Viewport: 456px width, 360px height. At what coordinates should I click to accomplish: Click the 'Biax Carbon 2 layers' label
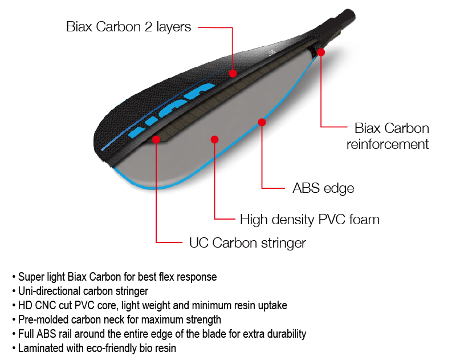pos(128,27)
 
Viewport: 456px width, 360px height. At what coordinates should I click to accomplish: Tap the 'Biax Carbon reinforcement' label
pos(388,136)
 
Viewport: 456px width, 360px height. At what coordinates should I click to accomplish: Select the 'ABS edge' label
pos(323,188)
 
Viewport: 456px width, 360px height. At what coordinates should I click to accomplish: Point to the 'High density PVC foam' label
pos(310,219)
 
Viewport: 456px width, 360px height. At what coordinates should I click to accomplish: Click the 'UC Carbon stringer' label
pos(247,242)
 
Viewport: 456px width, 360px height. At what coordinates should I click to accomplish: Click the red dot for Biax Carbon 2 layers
pos(233,73)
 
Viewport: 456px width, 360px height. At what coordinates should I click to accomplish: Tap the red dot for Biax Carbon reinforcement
pos(321,52)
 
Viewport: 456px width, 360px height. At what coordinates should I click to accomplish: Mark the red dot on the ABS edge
pos(262,122)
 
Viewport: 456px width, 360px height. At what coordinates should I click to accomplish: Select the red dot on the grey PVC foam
pos(214,139)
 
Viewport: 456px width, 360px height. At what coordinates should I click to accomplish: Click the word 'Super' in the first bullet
pos(31,277)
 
